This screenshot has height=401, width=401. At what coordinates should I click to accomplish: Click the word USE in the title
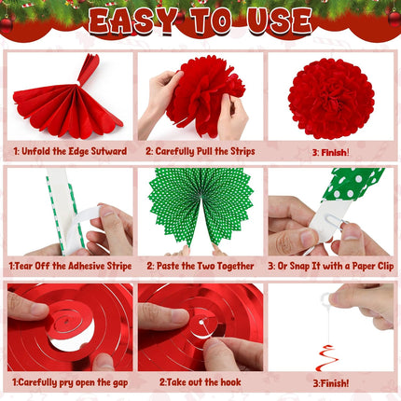[x=275, y=21]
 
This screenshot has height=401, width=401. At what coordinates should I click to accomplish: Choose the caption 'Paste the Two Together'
[x=200, y=266]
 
